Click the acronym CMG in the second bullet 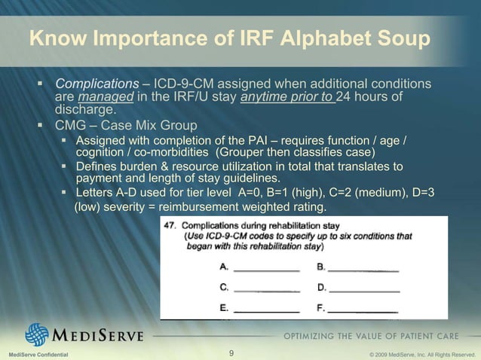tap(69, 126)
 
